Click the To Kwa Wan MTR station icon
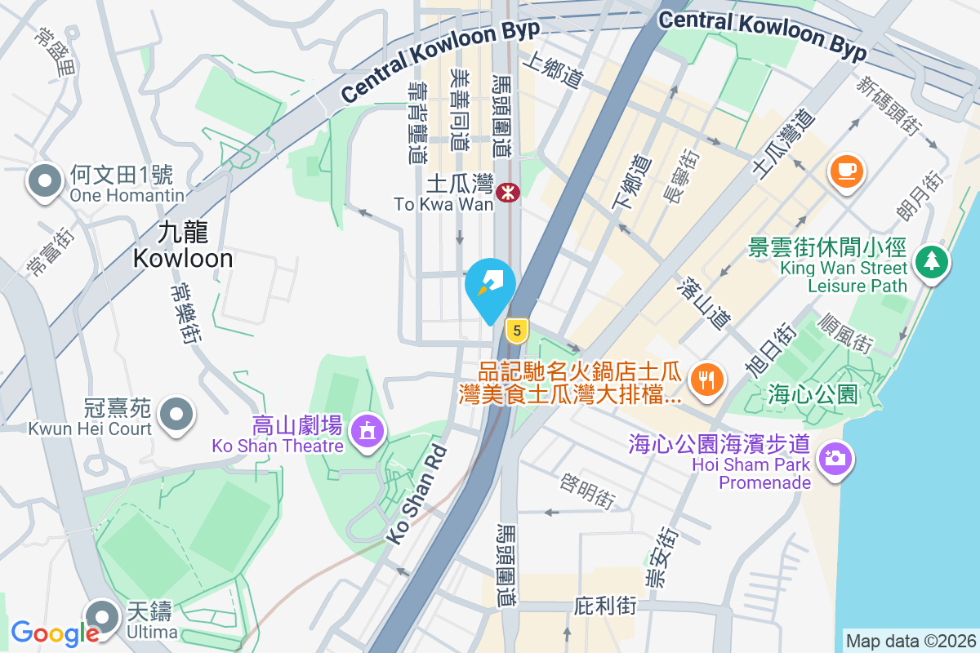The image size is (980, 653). (508, 193)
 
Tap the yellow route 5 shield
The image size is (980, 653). (516, 331)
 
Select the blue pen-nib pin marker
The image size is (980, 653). (490, 287)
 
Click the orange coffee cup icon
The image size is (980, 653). (846, 171)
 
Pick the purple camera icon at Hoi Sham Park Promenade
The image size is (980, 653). (834, 458)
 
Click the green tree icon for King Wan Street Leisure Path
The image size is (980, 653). (931, 261)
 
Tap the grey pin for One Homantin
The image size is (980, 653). (45, 181)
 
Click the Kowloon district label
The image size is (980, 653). (183, 246)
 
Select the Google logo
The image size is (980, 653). (55, 633)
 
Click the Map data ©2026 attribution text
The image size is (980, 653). (911, 641)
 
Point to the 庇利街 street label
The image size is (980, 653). (605, 606)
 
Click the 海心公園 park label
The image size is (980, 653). (813, 395)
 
